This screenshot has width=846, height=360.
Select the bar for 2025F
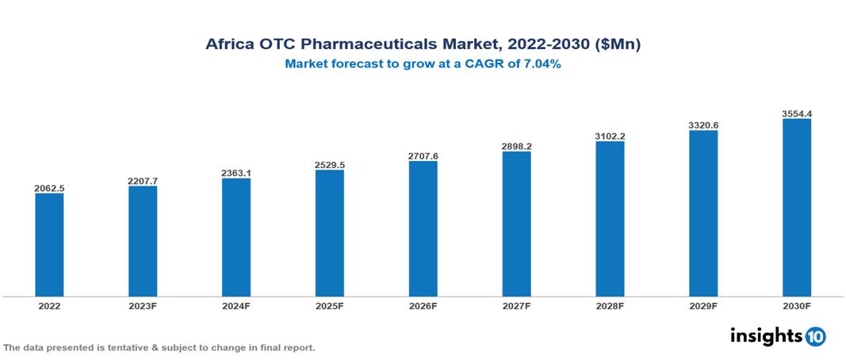330,233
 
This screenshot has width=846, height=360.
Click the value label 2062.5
49,188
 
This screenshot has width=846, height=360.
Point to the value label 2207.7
143,181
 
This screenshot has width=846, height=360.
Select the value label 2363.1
236,173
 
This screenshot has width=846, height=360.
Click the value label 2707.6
423,156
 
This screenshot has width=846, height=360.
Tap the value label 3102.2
611,136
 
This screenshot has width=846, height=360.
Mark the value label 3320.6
703,125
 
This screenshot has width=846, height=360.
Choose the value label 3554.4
797,113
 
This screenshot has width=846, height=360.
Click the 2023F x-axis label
143,306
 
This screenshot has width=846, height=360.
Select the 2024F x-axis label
236,306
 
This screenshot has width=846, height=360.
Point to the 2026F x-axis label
423,306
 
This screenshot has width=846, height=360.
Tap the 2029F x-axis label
703,306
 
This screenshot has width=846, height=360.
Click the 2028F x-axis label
611,306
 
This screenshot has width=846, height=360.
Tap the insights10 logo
778,336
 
